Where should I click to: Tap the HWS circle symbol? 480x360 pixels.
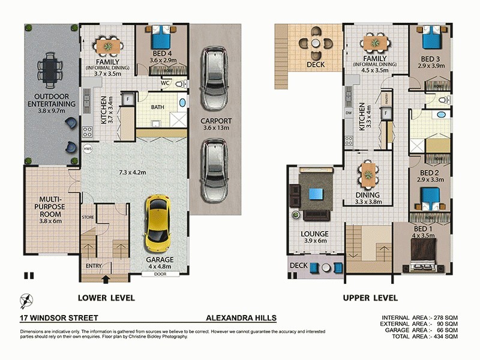coord(88,148)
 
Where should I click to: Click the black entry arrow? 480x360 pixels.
coord(106,278)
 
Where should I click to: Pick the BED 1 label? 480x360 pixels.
coord(423,232)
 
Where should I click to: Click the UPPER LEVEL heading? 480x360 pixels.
coord(370,298)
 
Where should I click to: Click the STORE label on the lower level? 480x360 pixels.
coord(88,217)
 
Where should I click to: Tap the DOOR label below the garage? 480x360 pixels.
coord(159,274)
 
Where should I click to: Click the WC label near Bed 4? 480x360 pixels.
coord(165,83)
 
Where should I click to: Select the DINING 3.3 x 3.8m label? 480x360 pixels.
coord(367,199)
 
